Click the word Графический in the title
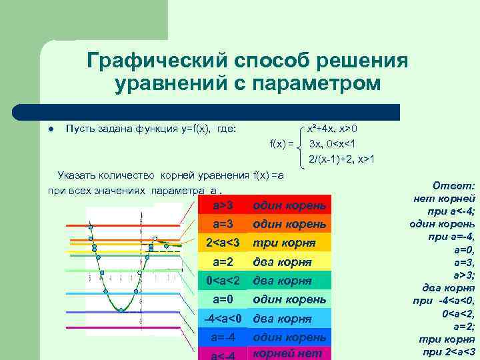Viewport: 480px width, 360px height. pyautogui.click(x=159, y=61)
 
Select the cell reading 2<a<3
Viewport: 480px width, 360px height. pyautogui.click(x=221, y=241)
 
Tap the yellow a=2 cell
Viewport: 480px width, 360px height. pyautogui.click(x=221, y=261)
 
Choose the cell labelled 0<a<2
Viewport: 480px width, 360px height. pyautogui.click(x=221, y=280)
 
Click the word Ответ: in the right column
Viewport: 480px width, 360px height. pyautogui.click(x=453, y=186)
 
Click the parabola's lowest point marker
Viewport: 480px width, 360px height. pyautogui.click(x=121, y=310)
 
